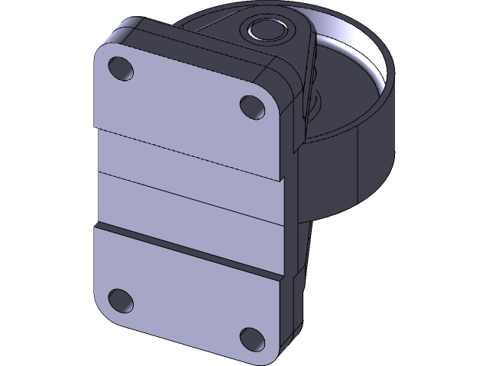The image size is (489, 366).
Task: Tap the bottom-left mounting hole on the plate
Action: pyautogui.click(x=120, y=299)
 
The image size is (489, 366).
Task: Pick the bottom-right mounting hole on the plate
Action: pyautogui.click(x=251, y=336)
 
